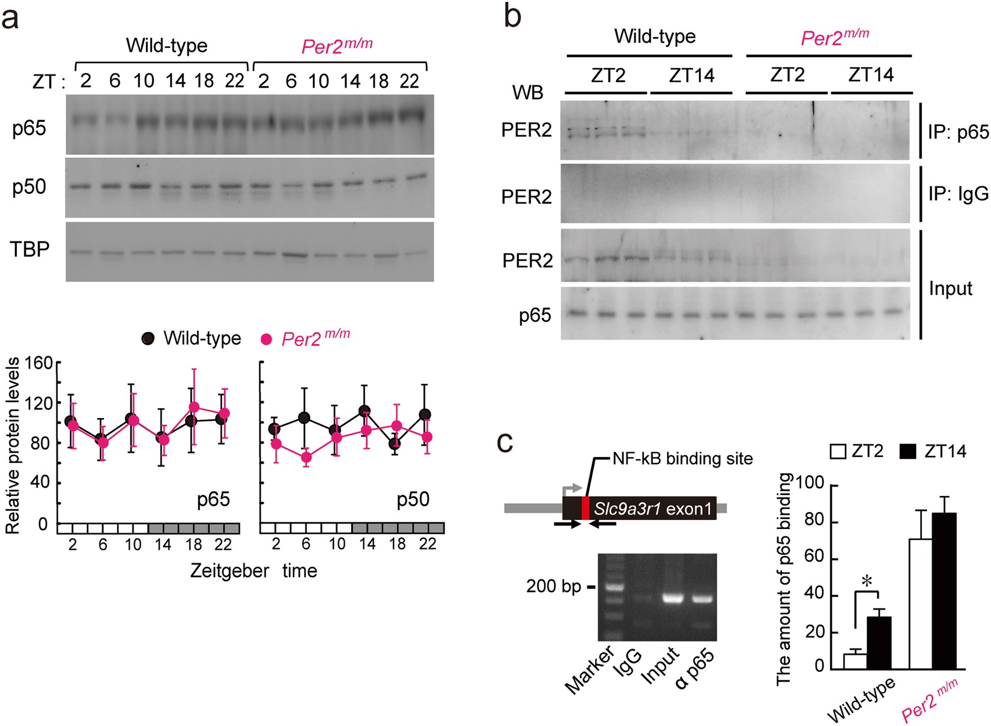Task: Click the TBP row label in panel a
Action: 29,249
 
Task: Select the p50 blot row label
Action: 29,187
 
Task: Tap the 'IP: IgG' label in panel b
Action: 957,193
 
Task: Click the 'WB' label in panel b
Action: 527,92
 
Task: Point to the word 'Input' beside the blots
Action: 950,288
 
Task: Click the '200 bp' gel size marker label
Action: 553,586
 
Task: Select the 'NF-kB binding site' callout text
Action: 682,459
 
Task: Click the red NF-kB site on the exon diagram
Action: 586,508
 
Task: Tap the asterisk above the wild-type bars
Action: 866,581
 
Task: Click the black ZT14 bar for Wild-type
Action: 879,643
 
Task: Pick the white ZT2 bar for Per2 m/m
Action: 921,603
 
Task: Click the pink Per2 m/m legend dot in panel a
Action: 266,339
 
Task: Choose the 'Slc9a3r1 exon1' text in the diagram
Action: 653,509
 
